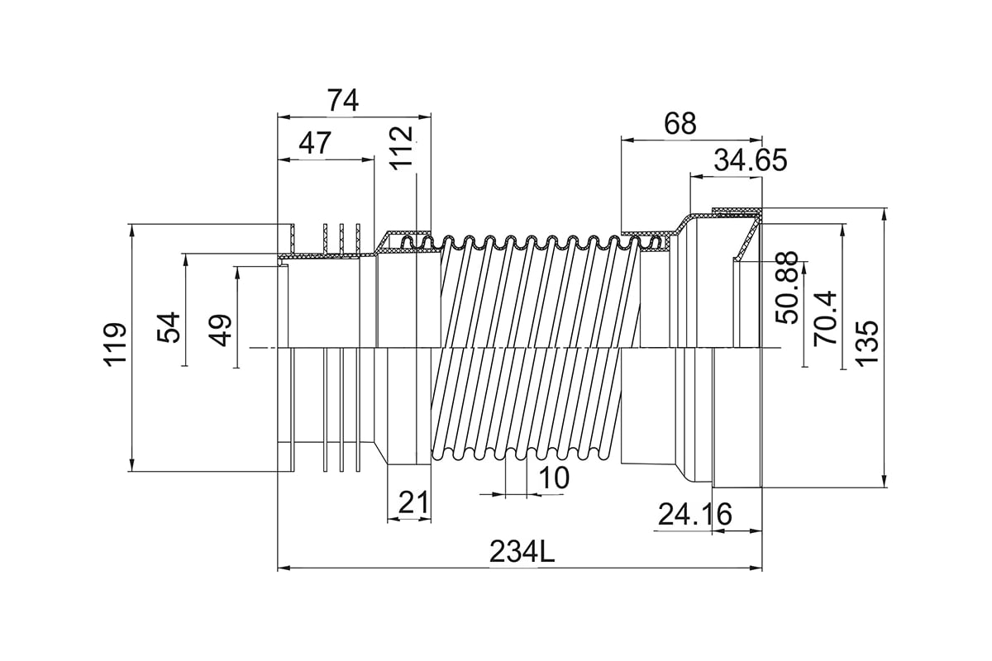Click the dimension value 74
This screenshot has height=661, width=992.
342,101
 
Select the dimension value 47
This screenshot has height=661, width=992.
315,144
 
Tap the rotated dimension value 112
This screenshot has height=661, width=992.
402,147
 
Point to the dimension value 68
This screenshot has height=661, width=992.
680,124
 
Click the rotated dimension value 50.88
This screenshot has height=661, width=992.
787,288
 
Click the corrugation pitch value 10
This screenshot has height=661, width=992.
554,478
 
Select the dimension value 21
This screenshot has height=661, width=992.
411,502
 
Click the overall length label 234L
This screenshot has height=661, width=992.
522,550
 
